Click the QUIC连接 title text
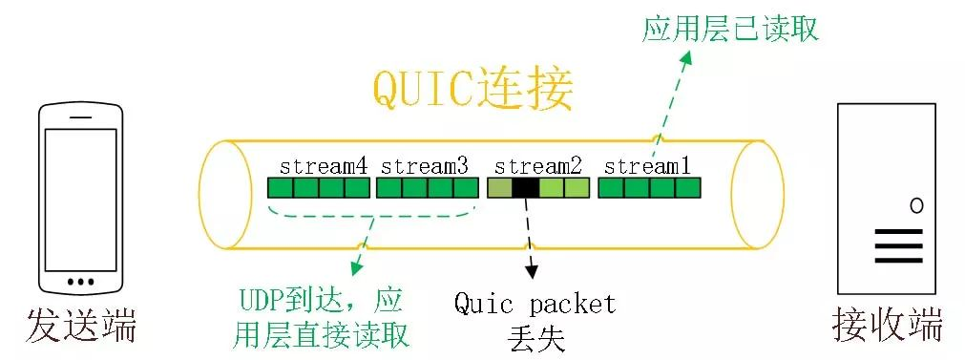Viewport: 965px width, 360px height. (472, 92)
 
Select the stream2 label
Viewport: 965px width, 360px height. (538, 165)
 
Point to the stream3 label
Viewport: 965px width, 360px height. (425, 165)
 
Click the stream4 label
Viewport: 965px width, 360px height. (324, 165)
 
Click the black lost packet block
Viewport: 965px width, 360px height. (525, 188)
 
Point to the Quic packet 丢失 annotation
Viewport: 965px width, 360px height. (535, 320)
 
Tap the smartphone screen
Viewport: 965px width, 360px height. (81, 194)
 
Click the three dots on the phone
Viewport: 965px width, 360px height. (81, 282)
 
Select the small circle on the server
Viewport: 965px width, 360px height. (916, 205)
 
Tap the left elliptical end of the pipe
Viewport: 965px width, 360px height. (221, 196)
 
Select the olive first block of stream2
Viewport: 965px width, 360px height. (499, 188)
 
